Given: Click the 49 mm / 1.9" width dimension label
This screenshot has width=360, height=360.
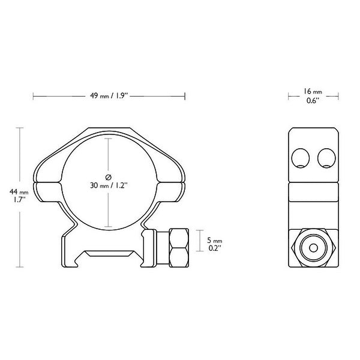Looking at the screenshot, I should (x=108, y=95).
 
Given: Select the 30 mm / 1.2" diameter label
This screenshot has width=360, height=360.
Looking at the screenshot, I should (x=108, y=185).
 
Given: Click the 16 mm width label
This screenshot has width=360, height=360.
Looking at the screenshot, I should (x=312, y=92).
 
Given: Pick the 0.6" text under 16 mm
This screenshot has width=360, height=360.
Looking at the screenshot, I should (x=312, y=101).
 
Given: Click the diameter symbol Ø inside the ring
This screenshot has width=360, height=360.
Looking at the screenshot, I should (x=108, y=176).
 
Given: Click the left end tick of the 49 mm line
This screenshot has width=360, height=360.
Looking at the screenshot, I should (x=34, y=95).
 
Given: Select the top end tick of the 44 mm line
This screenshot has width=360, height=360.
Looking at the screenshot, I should (x=21, y=127).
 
